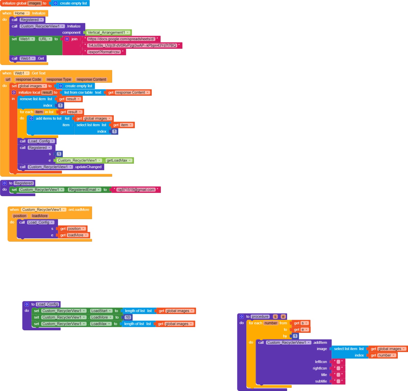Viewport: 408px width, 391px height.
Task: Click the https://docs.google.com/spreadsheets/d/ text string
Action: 121,39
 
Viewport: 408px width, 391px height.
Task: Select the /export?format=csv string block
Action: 104,52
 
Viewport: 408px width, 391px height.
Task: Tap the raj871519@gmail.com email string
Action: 136,190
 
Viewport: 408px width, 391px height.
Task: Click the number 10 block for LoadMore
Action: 128,317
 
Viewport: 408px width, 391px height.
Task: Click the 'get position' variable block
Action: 72,229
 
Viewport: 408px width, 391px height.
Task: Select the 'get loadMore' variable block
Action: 74,235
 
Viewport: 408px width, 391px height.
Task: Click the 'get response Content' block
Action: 129,93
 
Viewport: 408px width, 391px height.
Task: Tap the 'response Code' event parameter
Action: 28,80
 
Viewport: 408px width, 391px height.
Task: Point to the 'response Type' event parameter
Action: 59,80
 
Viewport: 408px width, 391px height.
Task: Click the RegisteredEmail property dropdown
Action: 84,190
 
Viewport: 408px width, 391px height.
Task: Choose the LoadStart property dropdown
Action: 101,311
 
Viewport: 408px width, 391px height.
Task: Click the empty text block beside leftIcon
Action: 338,362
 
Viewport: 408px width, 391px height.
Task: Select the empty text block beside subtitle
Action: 338,381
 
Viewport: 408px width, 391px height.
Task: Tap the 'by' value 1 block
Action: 295,336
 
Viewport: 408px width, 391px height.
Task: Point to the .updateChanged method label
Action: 88,167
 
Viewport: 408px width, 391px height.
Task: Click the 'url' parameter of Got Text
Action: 8,80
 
